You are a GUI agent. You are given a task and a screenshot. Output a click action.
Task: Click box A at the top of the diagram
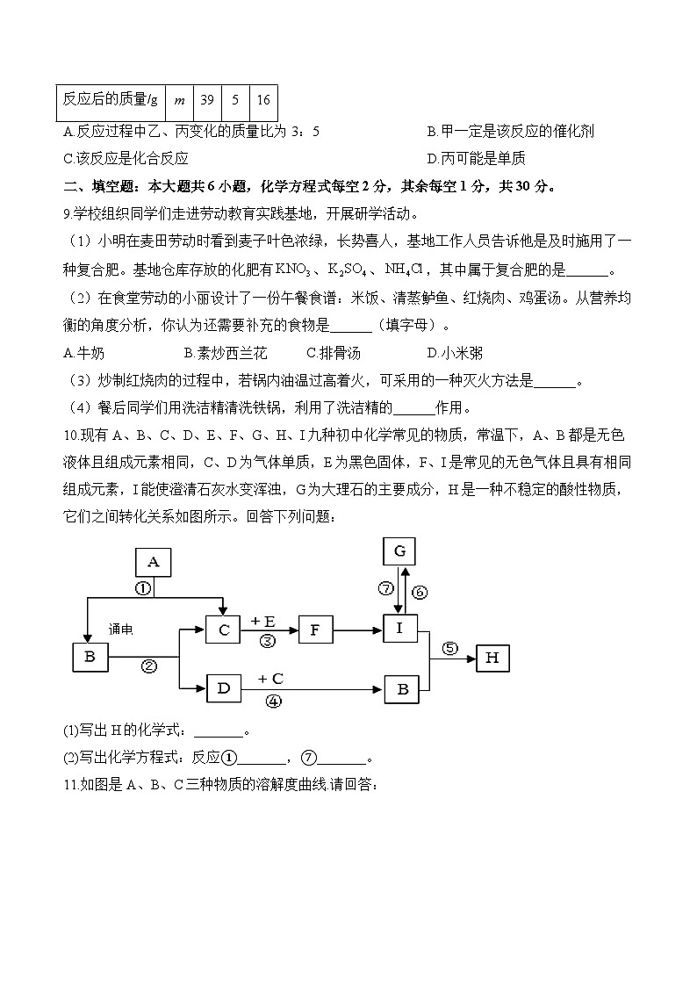click(x=153, y=562)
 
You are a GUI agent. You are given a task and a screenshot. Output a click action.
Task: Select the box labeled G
click(x=399, y=551)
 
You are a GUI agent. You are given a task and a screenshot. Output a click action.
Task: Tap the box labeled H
click(x=492, y=658)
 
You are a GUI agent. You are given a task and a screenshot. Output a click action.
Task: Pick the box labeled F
click(x=316, y=629)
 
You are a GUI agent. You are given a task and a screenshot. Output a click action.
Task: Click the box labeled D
click(x=223, y=688)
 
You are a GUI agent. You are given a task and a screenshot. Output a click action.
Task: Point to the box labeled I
click(x=400, y=629)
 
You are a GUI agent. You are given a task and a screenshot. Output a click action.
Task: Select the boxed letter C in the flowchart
click(x=223, y=629)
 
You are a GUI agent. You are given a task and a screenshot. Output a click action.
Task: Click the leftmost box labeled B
click(x=90, y=658)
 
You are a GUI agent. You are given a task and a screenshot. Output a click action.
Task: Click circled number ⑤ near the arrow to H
click(x=450, y=649)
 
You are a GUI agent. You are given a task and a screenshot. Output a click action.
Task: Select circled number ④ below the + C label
click(x=273, y=702)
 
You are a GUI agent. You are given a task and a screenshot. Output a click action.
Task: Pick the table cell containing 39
click(x=207, y=100)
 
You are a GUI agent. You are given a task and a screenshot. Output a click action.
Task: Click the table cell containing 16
click(x=263, y=100)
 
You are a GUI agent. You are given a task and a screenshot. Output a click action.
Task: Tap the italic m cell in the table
click(x=179, y=100)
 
